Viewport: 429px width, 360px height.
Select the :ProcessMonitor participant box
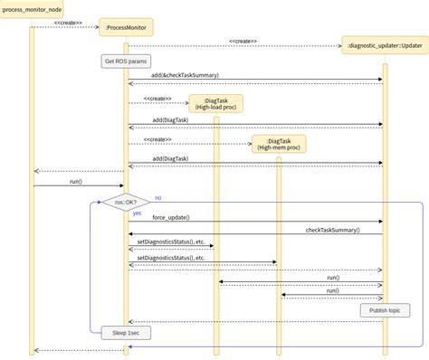[x=126, y=28]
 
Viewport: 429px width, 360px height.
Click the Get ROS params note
[x=126, y=62]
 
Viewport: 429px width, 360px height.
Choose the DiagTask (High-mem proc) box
[x=279, y=143]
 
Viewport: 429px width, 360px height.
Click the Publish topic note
[x=384, y=310]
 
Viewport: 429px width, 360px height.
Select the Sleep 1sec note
[x=126, y=332]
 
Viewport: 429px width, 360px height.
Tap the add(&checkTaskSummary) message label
[x=185, y=75]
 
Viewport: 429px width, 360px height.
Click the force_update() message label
[x=171, y=217]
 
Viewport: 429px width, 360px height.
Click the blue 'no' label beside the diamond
[x=158, y=197]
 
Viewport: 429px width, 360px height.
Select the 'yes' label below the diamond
[x=137, y=213]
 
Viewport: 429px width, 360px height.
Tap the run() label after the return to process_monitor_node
[x=77, y=181]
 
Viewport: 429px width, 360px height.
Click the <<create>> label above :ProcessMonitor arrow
[x=68, y=23]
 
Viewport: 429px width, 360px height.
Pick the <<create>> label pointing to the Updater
[x=243, y=41]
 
